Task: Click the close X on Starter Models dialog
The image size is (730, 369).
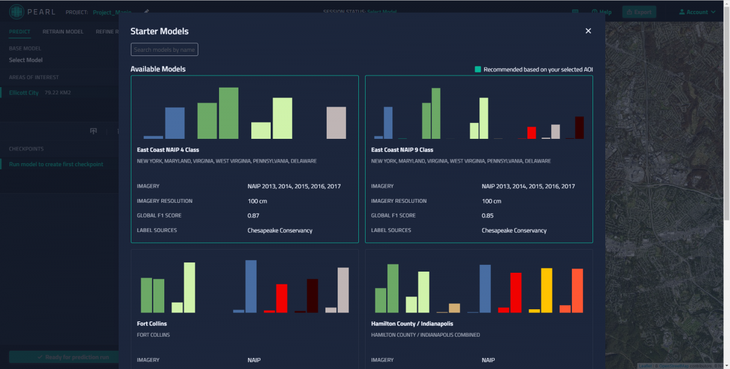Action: coord(588,31)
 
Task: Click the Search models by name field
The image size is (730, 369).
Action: coord(164,50)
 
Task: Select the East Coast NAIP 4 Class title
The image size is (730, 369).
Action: coord(168,150)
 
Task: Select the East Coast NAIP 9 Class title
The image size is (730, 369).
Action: coord(402,150)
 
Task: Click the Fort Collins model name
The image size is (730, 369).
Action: coord(152,323)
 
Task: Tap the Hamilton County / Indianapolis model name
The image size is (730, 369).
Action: coord(412,323)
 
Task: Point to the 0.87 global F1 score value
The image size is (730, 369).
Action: coord(253,216)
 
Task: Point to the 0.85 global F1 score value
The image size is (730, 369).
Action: coord(487,216)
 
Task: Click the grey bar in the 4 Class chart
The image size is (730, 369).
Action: coord(336,122)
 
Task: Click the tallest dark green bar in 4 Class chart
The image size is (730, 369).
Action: coord(228,113)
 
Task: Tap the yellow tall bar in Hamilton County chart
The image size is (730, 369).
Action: coord(546,290)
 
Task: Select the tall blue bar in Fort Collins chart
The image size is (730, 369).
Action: coord(251,286)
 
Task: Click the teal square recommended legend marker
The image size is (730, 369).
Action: coord(478,69)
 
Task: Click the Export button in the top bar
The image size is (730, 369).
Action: coord(638,12)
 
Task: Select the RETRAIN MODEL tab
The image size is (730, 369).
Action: coord(63,32)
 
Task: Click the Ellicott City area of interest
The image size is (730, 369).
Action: coord(24,93)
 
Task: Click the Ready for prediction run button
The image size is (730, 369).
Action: coord(64,357)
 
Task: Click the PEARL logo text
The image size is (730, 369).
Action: coord(41,12)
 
